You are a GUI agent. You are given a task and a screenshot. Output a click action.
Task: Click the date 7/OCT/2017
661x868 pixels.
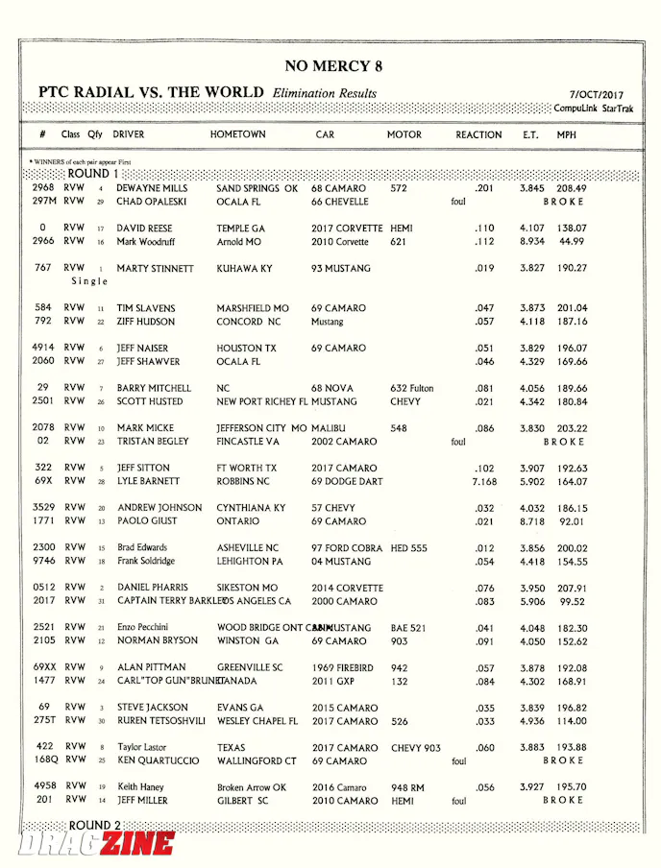(x=596, y=95)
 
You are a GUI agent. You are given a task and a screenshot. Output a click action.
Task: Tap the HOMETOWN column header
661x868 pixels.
(x=237, y=134)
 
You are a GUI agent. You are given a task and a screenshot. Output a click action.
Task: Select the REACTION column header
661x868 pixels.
(x=478, y=134)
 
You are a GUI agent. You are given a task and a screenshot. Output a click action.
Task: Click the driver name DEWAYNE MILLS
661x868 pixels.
(x=153, y=188)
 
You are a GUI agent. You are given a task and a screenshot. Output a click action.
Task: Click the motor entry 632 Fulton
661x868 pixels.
(x=411, y=388)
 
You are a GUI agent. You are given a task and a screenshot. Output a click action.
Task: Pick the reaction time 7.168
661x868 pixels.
(x=484, y=481)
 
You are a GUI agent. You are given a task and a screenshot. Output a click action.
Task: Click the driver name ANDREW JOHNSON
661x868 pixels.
(x=159, y=507)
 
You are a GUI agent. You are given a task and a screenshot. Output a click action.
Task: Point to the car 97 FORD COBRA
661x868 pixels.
(x=346, y=547)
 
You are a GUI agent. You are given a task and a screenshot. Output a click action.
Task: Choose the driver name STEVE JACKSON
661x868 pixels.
(x=154, y=707)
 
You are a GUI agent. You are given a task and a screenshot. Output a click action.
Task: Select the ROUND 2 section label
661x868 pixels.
(x=94, y=825)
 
